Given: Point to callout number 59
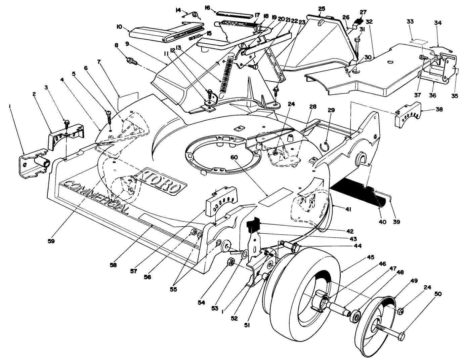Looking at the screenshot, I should point(52,241).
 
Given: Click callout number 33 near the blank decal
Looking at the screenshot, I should point(410,22).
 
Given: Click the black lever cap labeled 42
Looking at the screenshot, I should point(252,224).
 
